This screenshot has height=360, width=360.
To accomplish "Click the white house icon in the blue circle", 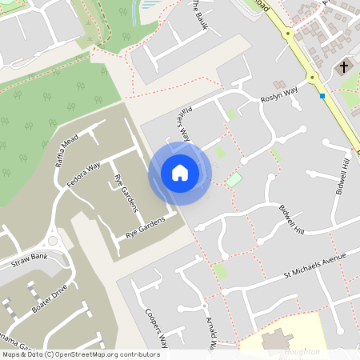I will tap(180, 173).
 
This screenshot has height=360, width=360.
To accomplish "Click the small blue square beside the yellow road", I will tap(322, 96).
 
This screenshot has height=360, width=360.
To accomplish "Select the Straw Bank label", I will tap(30, 261).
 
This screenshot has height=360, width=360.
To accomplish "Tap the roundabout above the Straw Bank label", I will tap(54, 240).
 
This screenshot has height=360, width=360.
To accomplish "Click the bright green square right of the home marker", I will tap(234, 180).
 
